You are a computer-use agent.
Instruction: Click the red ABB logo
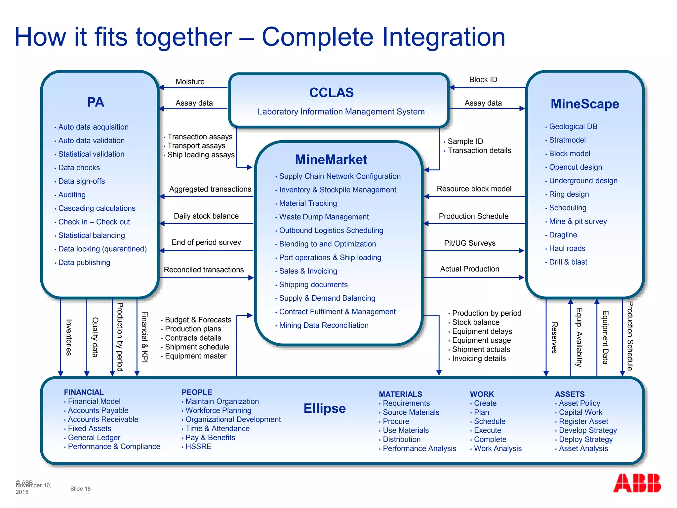coord(637,483)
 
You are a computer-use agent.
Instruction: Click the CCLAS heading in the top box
coord(331,93)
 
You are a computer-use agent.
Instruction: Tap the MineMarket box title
coord(331,159)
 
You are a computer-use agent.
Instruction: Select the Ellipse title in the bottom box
coord(325,408)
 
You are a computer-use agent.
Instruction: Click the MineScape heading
coord(584,104)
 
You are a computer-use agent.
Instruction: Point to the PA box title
coord(96,102)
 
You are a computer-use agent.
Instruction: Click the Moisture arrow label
coord(190,82)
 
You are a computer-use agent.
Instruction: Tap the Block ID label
coord(483,80)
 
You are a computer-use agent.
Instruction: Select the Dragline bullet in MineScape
coord(563,235)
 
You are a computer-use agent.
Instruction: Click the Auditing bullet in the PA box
coord(72,195)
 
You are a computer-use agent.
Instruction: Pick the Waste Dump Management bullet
coord(324,217)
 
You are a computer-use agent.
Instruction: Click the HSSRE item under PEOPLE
coord(198,446)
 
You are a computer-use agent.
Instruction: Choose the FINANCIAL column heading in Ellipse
coord(84,392)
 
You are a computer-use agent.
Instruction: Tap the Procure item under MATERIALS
coord(396,421)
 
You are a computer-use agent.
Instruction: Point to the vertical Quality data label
coord(95,337)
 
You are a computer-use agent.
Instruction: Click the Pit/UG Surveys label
coord(469,243)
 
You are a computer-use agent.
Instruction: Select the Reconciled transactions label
coord(204,270)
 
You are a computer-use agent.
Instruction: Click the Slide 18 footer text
coord(80,489)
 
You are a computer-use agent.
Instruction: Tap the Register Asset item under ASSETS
coord(583,421)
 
